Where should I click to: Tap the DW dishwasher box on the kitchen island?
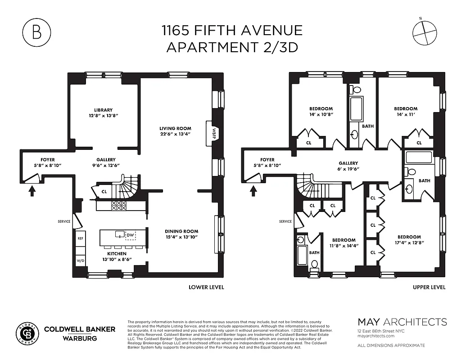point(130,235)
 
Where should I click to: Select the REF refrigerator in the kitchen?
point(81,238)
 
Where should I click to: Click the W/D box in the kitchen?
point(81,261)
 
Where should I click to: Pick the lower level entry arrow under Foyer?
point(32,191)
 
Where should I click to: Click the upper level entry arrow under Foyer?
point(253,191)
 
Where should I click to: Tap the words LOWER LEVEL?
point(206,287)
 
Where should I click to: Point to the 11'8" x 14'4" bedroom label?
point(344,243)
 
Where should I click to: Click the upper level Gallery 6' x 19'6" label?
point(348,166)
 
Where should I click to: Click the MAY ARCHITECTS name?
point(402,322)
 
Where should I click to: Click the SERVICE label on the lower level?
point(64,221)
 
